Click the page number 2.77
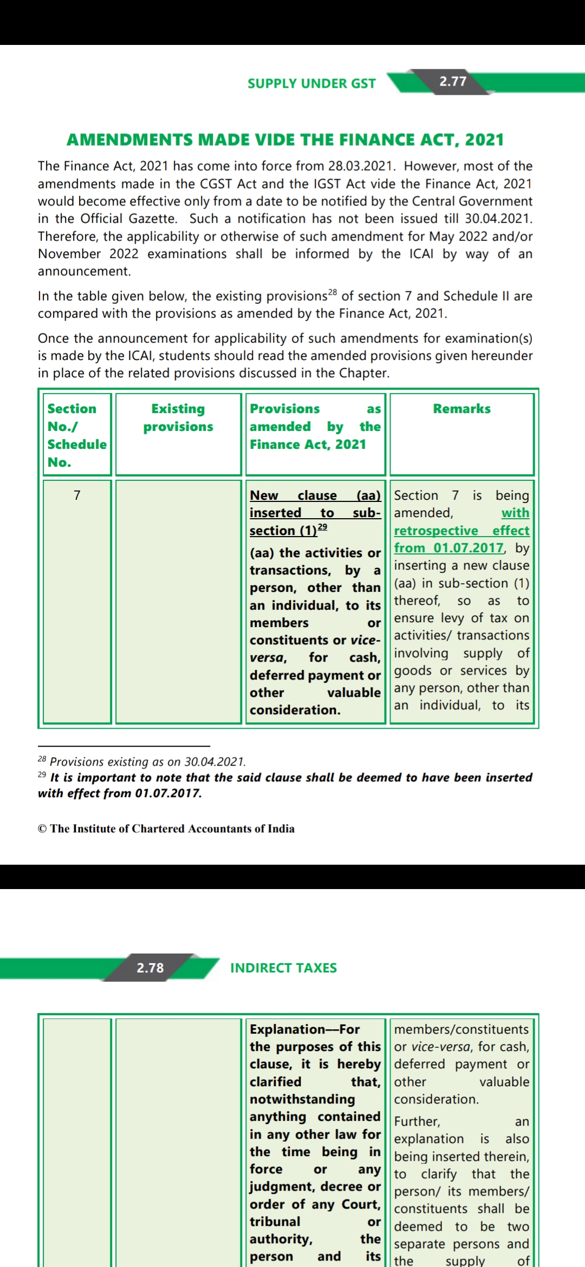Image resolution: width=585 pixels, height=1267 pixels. (x=453, y=81)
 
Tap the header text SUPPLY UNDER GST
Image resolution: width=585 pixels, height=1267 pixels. (x=311, y=83)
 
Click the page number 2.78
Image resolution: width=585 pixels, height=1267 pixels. (x=150, y=968)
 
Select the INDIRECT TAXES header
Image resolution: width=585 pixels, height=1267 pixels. (x=283, y=968)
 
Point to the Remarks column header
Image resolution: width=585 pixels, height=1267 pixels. (x=461, y=409)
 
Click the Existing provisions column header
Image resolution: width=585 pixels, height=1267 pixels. (x=178, y=417)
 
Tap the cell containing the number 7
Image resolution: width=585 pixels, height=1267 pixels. (x=77, y=495)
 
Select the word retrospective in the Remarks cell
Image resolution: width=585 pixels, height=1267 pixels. (x=435, y=531)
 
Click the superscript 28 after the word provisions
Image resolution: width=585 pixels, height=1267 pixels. (x=332, y=292)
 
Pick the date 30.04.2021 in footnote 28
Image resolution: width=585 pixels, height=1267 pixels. (x=214, y=762)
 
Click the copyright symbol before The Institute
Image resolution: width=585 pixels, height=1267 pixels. (x=42, y=829)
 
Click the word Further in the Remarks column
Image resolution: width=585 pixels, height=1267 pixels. (x=417, y=1121)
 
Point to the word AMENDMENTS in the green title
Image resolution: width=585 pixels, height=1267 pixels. (x=129, y=140)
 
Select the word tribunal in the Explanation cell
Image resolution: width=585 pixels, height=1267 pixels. (x=275, y=1222)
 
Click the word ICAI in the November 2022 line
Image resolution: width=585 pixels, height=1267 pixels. (x=421, y=254)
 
